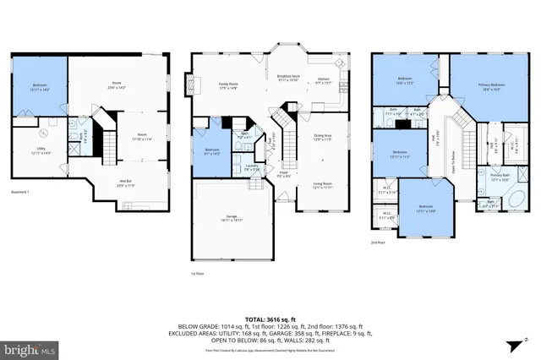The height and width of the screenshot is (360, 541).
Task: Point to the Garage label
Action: coord(232,217)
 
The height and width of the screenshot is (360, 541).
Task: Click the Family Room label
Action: coord(228,85)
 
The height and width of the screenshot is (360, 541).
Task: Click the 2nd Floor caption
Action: coord(378,242)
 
